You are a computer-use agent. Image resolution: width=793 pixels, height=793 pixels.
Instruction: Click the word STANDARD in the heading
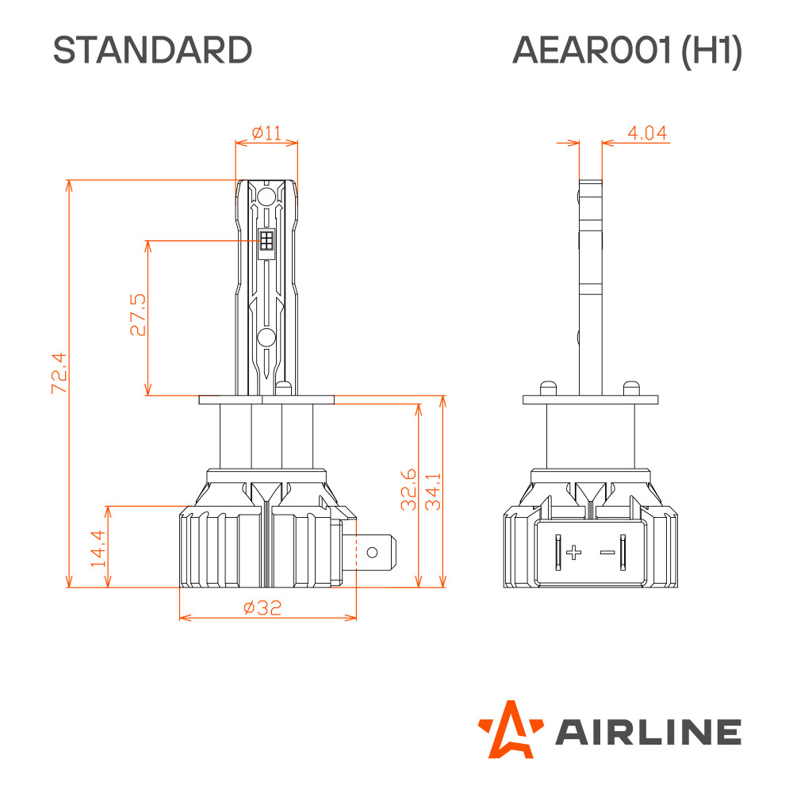point(152,50)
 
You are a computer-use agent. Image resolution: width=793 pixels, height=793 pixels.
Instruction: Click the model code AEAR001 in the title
point(592,50)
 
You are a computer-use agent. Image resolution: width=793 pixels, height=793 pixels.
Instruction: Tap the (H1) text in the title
point(712,51)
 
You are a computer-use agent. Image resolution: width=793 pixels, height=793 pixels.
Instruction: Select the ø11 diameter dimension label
point(266,133)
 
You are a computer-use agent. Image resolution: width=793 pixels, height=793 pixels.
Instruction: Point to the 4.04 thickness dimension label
point(647,133)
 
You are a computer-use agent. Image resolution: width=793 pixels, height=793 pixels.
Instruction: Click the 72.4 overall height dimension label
point(59,374)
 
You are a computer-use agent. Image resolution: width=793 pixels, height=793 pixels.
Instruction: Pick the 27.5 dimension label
point(137,315)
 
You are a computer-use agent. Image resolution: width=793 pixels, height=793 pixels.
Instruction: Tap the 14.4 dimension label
point(98,548)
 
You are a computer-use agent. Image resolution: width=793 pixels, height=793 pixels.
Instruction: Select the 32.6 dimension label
point(408,489)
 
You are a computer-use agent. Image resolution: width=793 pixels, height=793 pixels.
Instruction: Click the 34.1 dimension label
point(434,492)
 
